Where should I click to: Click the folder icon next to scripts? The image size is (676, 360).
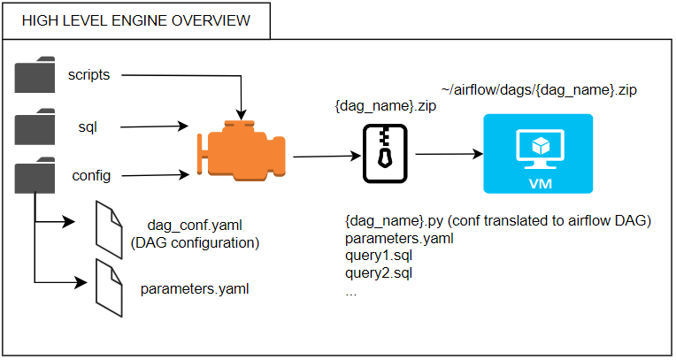click(35, 74)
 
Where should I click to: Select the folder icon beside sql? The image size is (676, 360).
click(35, 126)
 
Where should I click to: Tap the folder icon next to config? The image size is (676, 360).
click(35, 175)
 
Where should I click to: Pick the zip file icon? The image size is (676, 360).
click(385, 154)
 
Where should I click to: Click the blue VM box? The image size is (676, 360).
click(538, 154)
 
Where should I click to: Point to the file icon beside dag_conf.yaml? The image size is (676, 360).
click(109, 230)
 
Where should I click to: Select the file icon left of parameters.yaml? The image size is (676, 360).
click(109, 288)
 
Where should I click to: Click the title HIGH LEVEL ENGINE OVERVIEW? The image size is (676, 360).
click(136, 20)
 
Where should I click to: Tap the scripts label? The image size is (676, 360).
click(88, 75)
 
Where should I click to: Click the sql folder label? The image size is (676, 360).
click(88, 127)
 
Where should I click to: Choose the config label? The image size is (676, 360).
click(91, 176)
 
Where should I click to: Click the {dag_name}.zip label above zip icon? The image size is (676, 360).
click(386, 105)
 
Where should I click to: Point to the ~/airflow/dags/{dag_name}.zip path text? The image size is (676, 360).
click(539, 90)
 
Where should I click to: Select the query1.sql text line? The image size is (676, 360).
click(379, 256)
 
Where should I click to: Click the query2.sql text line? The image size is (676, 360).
click(379, 273)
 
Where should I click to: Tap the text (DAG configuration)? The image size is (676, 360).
click(195, 242)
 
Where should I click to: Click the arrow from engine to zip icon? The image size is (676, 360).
click(326, 156)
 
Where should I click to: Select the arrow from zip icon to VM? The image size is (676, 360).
click(449, 154)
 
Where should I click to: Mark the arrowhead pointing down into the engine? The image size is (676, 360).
click(241, 115)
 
